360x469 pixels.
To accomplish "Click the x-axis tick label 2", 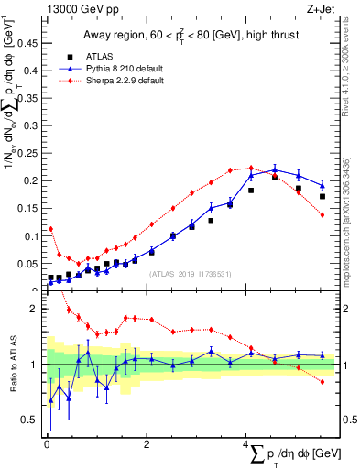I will (147, 444).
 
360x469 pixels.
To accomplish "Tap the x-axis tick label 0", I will (47, 444).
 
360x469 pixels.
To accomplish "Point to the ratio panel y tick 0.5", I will (28, 420).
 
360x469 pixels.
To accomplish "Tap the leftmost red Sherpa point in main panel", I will (50, 229).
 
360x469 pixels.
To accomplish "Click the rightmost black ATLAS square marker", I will (322, 196).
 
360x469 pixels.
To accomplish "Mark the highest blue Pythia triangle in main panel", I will (275, 169).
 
